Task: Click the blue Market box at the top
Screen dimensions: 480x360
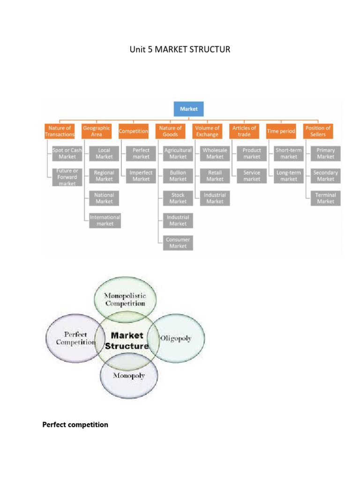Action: [189, 109]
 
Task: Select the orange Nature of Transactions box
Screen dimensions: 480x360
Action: [60, 131]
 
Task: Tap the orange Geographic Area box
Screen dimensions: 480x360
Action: [97, 131]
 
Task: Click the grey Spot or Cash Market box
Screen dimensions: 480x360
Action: [67, 153]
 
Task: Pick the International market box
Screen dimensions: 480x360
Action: [105, 220]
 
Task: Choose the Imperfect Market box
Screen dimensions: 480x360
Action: [141, 176]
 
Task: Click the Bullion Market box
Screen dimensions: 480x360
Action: [178, 176]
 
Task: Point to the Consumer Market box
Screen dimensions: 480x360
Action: [178, 243]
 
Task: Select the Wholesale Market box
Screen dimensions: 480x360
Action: [215, 153]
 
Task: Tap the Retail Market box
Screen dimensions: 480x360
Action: [215, 176]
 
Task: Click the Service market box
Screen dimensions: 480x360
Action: [252, 176]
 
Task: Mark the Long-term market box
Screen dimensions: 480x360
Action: [289, 176]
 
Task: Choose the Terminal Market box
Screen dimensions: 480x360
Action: [325, 198]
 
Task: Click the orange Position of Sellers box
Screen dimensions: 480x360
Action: [318, 131]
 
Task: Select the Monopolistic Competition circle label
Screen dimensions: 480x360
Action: [125, 300]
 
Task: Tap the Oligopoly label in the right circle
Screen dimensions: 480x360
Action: [176, 338]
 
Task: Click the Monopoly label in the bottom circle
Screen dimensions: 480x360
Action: [129, 375]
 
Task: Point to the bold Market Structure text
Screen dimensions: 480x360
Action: [127, 341]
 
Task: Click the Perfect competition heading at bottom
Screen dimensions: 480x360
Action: [75, 425]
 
